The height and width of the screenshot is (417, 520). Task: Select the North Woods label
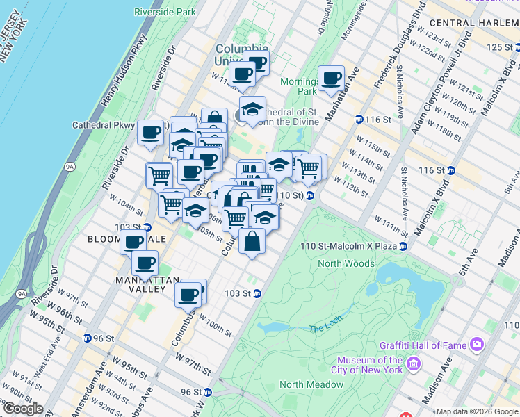346,263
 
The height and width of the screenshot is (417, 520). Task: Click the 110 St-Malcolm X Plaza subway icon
403,246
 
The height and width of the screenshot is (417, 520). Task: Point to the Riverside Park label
165,12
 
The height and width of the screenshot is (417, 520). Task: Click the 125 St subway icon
517,47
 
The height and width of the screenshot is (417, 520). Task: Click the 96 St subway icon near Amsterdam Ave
88,338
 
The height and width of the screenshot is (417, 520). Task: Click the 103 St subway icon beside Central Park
257,293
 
